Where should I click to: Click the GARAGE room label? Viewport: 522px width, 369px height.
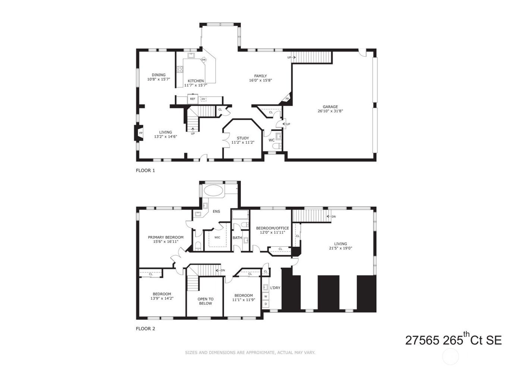pos(330,107)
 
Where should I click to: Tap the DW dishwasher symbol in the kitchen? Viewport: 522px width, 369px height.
pos(204,60)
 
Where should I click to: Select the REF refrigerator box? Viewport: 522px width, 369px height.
pos(192,99)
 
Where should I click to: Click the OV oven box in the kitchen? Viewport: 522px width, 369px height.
pos(203,99)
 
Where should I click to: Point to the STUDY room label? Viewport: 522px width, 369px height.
pos(243,138)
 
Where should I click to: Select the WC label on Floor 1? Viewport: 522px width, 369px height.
pos(271,140)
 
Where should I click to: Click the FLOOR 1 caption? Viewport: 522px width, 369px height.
pos(145,171)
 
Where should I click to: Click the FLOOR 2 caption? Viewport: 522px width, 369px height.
pos(145,329)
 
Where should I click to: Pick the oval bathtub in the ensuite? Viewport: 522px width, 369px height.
pos(214,191)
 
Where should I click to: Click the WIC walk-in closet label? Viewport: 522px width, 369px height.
pos(217,237)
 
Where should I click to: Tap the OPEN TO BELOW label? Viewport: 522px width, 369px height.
pos(205,301)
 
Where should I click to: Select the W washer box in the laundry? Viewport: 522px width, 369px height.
pos(265,296)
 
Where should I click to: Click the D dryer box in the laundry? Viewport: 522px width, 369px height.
pos(265,304)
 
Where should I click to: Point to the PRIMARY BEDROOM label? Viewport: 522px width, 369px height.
pos(166,237)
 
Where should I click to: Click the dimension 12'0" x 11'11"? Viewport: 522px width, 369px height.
pos(272,232)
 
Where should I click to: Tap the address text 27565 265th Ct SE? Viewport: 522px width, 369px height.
pos(453,340)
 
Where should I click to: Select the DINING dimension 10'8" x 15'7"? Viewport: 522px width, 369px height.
pos(158,79)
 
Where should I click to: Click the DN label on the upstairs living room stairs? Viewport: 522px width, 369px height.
pos(333,216)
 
